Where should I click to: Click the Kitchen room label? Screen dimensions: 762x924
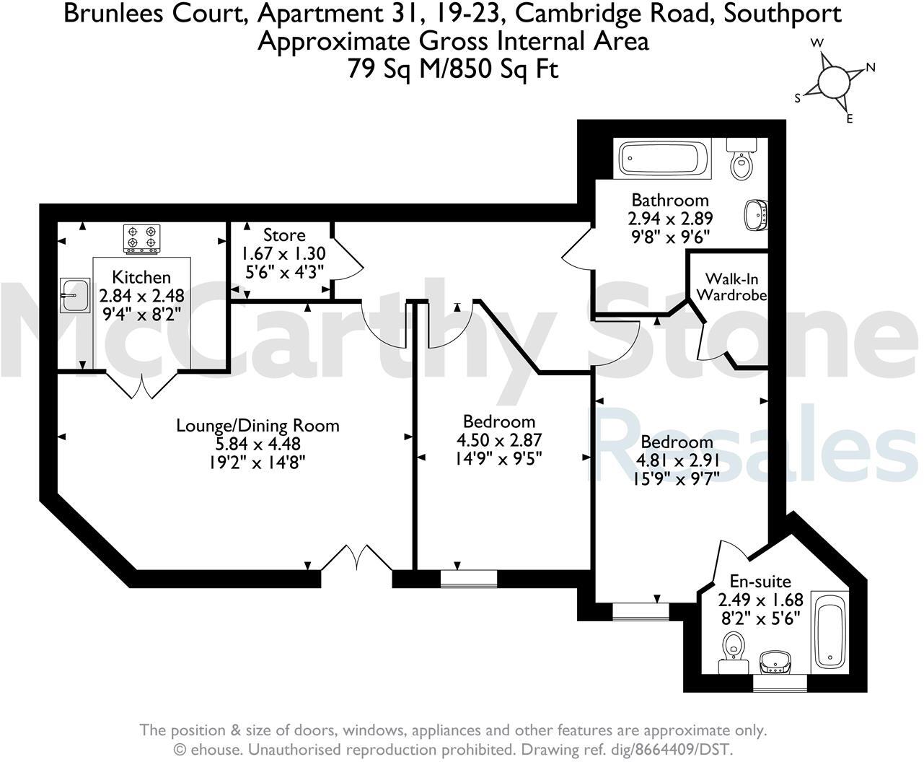pos(141,277)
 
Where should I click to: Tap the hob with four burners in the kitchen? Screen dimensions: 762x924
pos(141,239)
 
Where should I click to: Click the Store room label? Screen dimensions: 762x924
pos(283,235)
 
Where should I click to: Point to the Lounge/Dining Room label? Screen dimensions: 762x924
pos(258,425)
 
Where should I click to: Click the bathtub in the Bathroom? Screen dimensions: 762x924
pos(664,158)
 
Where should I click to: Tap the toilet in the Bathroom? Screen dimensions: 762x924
pos(741,162)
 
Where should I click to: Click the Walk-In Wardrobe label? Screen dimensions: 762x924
pos(731,286)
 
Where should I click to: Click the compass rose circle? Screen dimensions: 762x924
pos(834,81)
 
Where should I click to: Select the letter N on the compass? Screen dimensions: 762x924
pos(870,68)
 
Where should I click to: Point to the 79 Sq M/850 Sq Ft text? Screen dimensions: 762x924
pos(453,69)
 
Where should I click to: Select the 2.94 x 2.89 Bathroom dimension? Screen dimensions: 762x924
pos(670,218)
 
